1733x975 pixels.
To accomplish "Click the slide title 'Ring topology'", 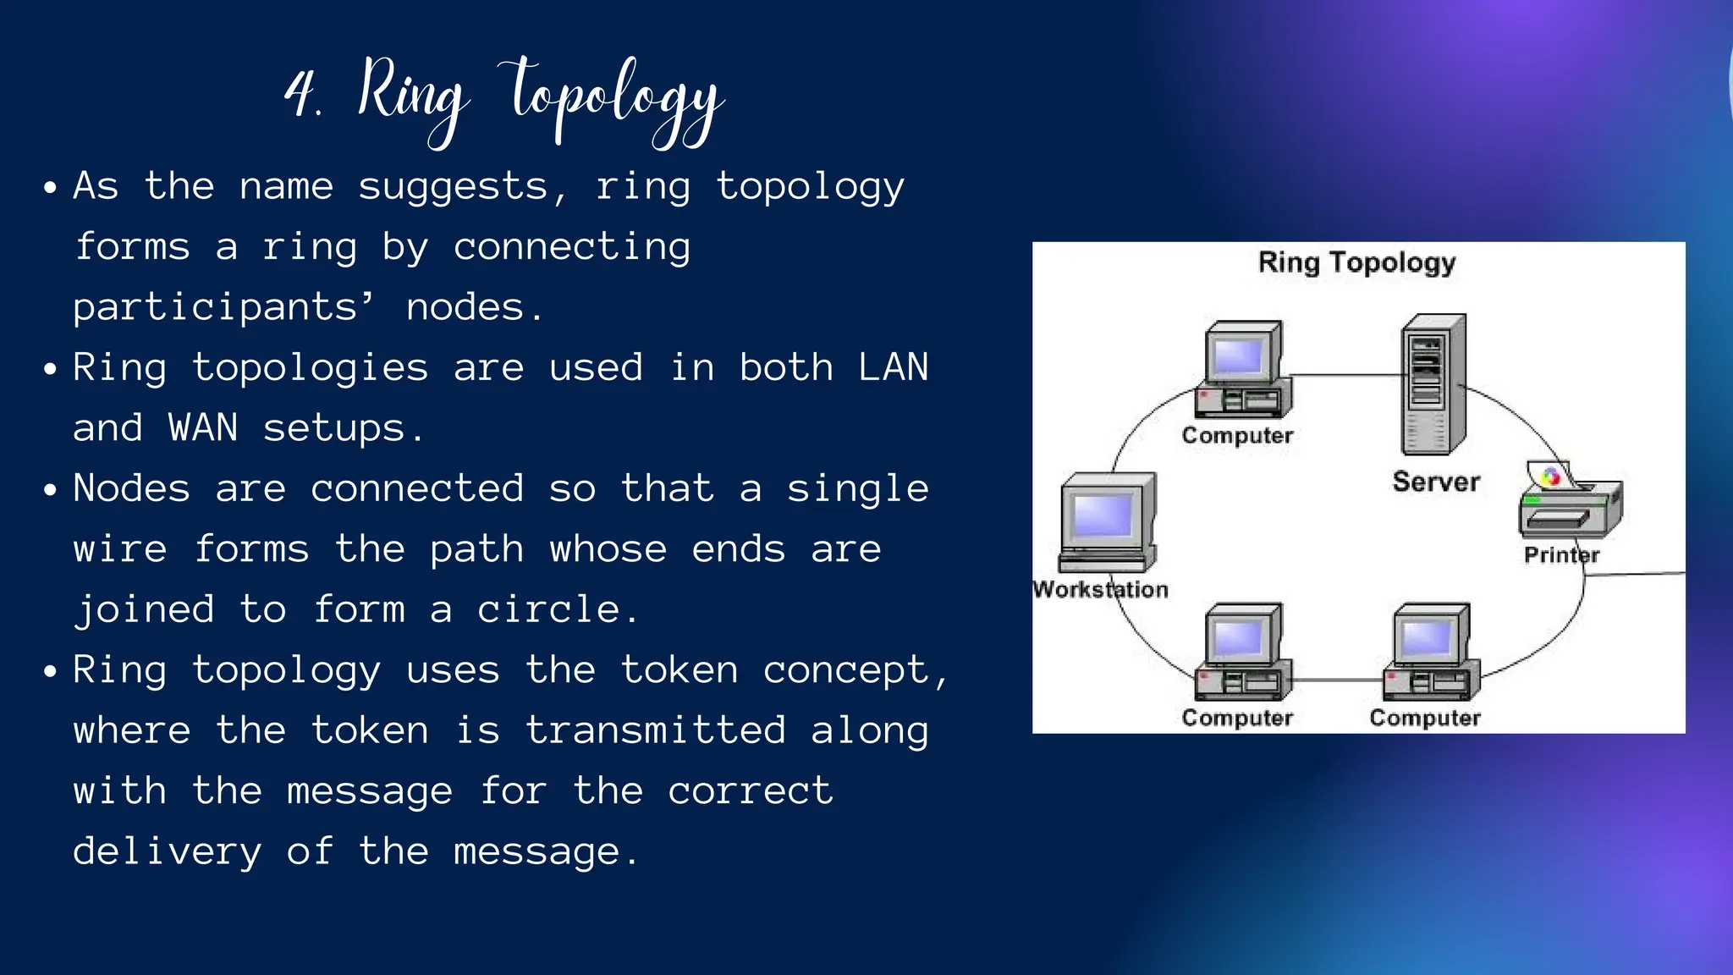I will pyautogui.click(x=542, y=97).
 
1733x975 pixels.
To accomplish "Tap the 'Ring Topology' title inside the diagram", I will pyautogui.click(x=1356, y=262).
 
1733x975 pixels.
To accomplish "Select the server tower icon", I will pyautogui.click(x=1433, y=385).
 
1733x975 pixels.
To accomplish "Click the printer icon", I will pyautogui.click(x=1570, y=504).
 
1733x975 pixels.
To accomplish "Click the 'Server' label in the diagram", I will pyautogui.click(x=1436, y=482).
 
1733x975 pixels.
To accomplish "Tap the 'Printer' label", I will pyautogui.click(x=1561, y=555).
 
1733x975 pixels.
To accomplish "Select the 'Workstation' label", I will pyautogui.click(x=1101, y=589).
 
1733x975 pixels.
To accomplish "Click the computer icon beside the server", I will pyautogui.click(x=1242, y=370).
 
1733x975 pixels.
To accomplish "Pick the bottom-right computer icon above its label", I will pyautogui.click(x=1430, y=652).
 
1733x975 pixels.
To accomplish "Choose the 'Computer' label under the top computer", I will pyautogui.click(x=1237, y=435).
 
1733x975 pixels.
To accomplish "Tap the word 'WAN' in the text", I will pyautogui.click(x=202, y=427).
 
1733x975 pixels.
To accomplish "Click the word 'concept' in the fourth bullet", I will pyautogui.click(x=846, y=670).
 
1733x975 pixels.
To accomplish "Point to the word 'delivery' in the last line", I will pyautogui.click(x=167, y=851).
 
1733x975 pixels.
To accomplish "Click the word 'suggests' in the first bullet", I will pyautogui.click(x=453, y=186).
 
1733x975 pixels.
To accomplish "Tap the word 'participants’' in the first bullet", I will pyautogui.click(x=224, y=307).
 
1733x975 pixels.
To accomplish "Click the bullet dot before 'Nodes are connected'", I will pyautogui.click(x=51, y=490).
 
